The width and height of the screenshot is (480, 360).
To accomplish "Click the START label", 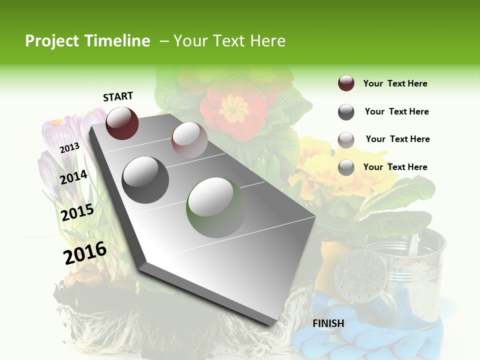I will [x=118, y=96].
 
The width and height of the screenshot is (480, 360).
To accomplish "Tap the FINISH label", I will [x=328, y=323].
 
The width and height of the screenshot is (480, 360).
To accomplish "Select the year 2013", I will [x=69, y=147].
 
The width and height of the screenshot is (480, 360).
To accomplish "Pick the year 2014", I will [x=73, y=177].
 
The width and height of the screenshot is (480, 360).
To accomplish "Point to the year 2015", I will [x=77, y=212].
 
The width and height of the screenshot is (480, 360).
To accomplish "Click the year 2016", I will [x=85, y=253].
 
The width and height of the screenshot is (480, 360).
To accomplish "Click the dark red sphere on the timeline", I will [x=122, y=123].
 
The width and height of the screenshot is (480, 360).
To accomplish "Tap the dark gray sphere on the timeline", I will [x=145, y=179].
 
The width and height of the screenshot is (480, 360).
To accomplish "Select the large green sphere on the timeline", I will [x=216, y=207].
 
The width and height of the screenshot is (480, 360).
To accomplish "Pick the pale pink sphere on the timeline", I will [x=189, y=140].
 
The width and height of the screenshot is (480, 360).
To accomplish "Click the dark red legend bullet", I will [x=346, y=83].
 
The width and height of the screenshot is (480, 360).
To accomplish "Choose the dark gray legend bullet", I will [x=346, y=112].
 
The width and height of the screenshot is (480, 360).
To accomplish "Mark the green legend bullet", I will [x=346, y=167].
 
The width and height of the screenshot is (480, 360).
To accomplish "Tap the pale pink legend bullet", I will [x=346, y=140].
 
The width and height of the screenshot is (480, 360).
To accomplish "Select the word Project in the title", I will [x=52, y=41].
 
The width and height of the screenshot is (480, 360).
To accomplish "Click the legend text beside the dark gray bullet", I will [x=396, y=111].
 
